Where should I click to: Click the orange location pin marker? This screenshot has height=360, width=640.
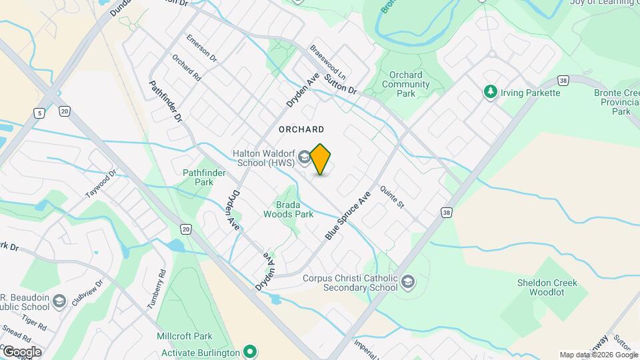coord(321,159)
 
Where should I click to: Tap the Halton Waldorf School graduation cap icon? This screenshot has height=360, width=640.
coord(304,157)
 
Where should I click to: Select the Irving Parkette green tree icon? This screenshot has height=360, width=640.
coord(491,91)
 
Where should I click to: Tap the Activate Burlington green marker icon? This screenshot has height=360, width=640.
coord(250,351)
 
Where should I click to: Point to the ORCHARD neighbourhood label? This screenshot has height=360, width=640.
coord(302,129)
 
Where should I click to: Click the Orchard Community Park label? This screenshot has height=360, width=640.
coord(406,84)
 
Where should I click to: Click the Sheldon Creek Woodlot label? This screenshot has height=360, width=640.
coord(547,287)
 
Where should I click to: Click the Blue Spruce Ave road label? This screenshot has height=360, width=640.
coord(347,217)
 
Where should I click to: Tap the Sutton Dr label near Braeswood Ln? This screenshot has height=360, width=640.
coord(341,83)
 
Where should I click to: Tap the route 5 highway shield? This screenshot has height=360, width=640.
coord(41,113)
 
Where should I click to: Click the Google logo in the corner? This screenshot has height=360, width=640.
coord(21,351)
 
